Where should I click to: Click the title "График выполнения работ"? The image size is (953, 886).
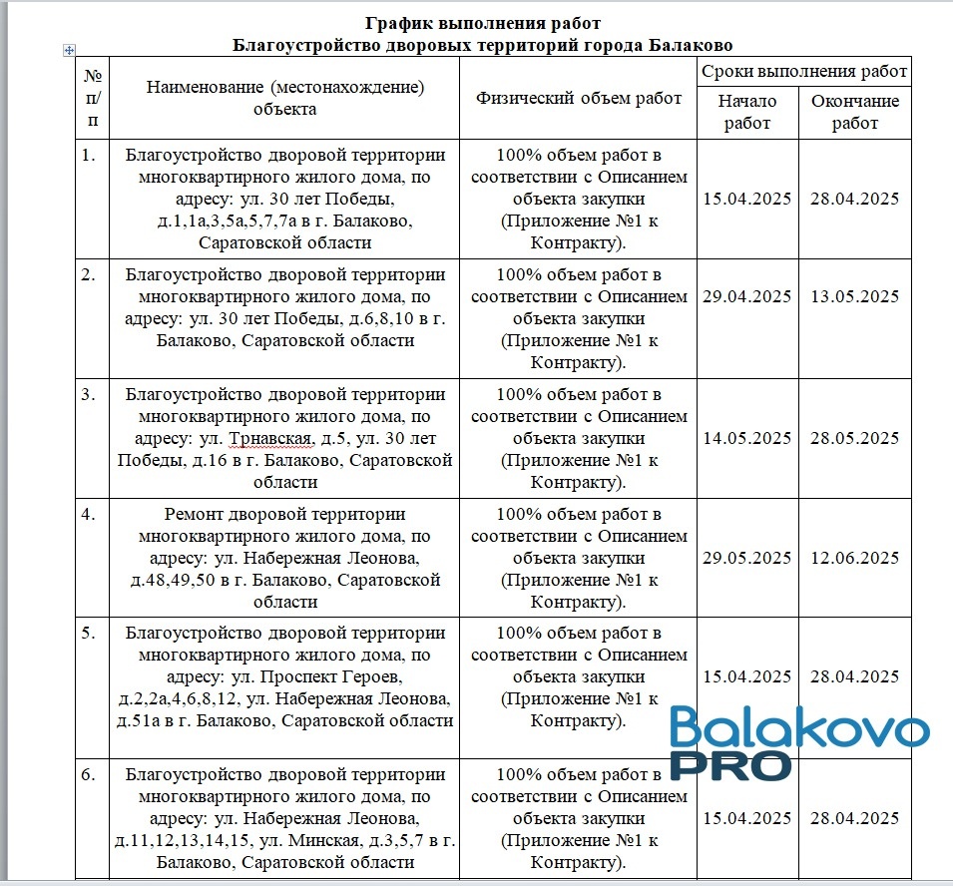[x=483, y=23]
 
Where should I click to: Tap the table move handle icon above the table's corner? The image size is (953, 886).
[x=69, y=50]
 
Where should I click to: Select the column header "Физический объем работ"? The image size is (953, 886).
[x=579, y=98]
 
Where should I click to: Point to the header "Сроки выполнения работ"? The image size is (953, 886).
[x=803, y=71]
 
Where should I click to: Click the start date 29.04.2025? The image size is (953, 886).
[x=746, y=296]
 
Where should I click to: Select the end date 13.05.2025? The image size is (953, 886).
[x=854, y=296]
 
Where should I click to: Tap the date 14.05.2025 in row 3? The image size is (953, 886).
[x=746, y=438]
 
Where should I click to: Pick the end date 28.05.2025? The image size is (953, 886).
[x=854, y=438]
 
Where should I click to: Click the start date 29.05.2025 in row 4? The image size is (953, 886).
[x=746, y=558]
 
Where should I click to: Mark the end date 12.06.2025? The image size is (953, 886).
[x=854, y=558]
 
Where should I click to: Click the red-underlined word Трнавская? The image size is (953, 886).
[x=267, y=439]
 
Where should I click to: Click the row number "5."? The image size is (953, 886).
[x=90, y=634]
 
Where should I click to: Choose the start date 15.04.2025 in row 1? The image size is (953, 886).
[x=746, y=199]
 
